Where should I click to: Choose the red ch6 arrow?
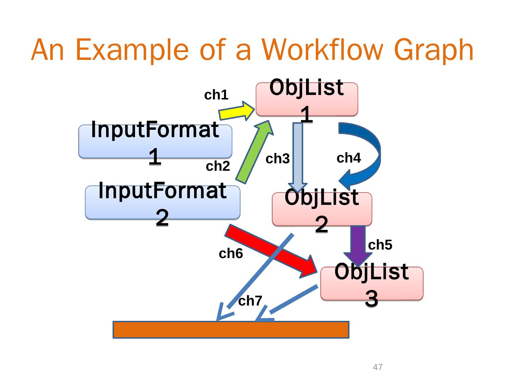tap(271, 251)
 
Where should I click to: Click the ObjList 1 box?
tap(307, 99)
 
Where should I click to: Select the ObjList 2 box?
tap(322, 209)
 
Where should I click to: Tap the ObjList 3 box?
tap(372, 283)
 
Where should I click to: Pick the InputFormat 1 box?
tap(155, 141)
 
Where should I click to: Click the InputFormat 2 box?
tap(162, 202)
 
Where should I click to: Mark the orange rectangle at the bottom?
tap(231, 330)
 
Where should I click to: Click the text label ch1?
tap(216, 95)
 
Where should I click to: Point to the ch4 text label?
tap(349, 158)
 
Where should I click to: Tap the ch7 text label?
tap(250, 301)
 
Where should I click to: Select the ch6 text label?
tap(231, 254)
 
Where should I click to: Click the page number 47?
tap(378, 367)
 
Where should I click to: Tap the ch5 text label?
tap(380, 245)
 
